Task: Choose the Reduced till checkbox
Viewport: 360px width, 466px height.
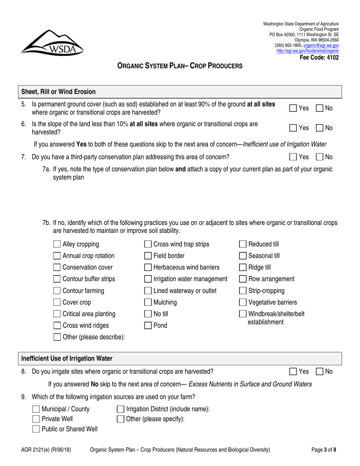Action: (x=243, y=244)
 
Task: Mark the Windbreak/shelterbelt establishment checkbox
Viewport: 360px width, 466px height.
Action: (x=243, y=303)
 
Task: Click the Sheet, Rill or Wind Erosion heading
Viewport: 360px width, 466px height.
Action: (x=58, y=91)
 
